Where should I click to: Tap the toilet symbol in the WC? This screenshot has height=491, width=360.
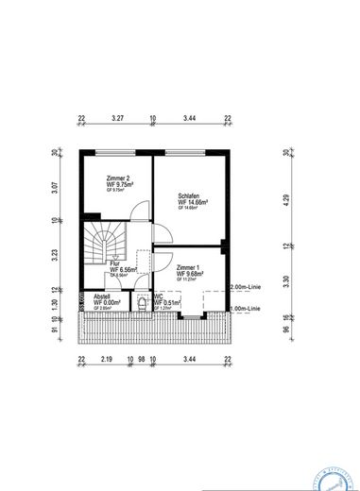145,306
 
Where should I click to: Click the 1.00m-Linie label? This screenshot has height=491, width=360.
247,308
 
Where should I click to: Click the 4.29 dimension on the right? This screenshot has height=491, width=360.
285,200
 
